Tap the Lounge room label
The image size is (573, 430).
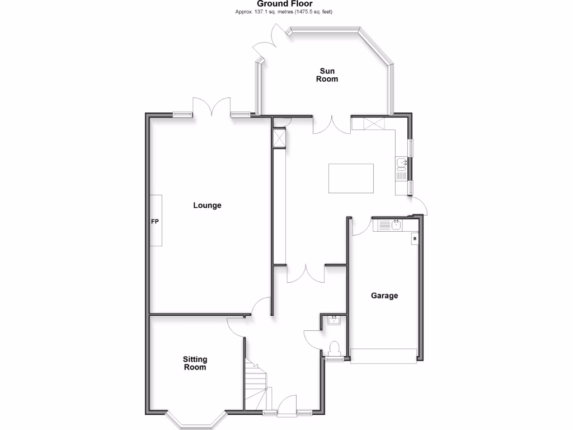(207, 205)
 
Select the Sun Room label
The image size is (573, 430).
(328, 75)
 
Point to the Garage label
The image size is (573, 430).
(384, 296)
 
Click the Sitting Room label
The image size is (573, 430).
(195, 363)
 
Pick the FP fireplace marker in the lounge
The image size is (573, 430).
(156, 221)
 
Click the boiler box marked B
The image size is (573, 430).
(415, 239)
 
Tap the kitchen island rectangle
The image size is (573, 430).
(351, 178)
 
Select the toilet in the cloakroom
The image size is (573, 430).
(335, 349)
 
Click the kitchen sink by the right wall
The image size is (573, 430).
(401, 163)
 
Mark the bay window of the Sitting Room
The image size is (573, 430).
(195, 420)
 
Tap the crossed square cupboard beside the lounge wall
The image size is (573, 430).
(279, 138)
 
